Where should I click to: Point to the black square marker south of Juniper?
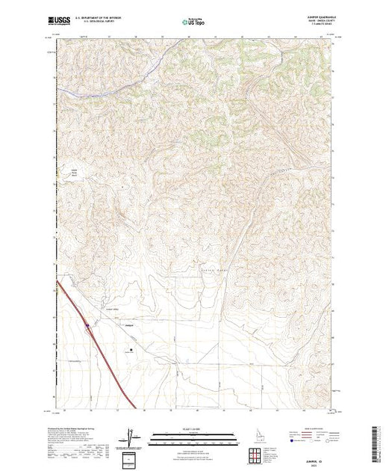coord(133,348)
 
